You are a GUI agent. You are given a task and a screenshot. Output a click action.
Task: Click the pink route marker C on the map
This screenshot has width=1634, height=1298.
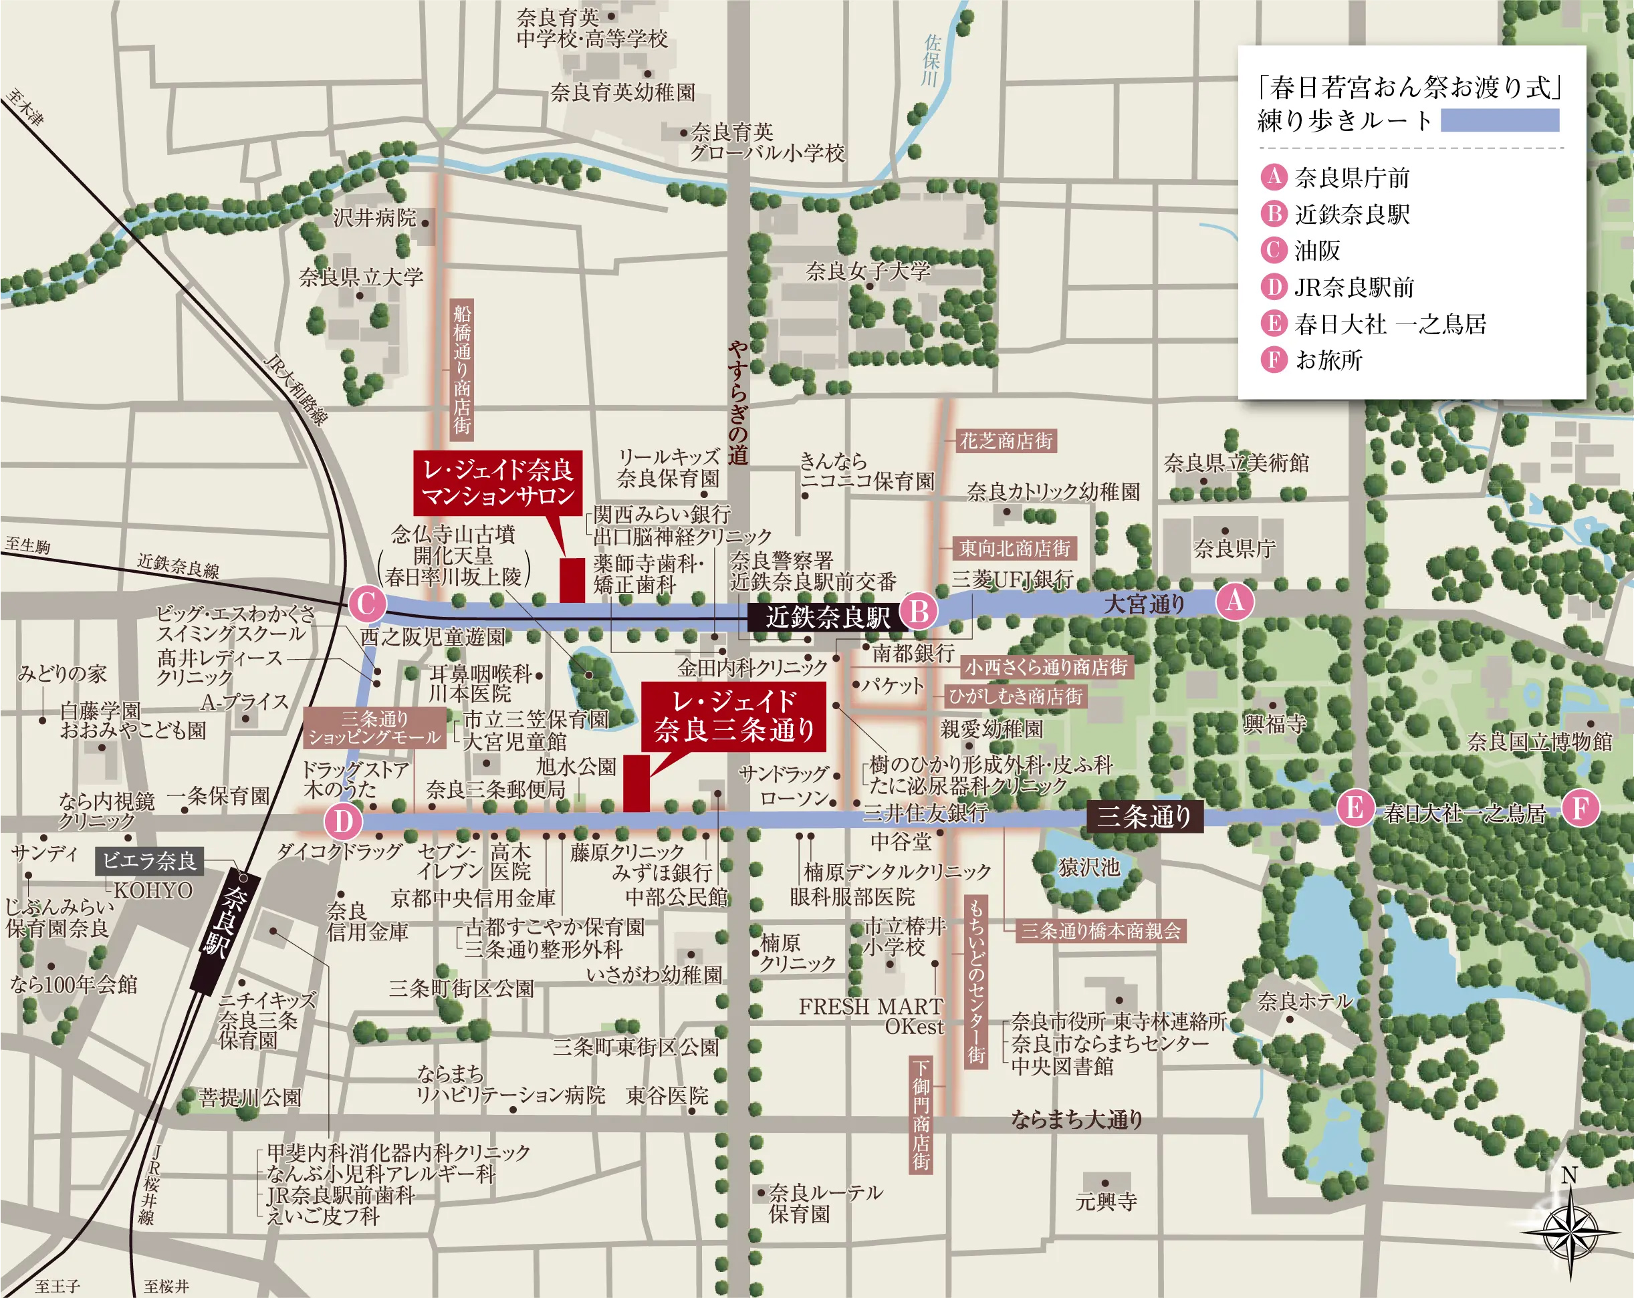[368, 604]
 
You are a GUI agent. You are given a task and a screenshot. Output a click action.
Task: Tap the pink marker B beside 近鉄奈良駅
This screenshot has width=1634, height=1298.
[919, 611]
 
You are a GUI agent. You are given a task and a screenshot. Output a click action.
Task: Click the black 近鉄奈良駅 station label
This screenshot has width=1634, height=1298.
[827, 617]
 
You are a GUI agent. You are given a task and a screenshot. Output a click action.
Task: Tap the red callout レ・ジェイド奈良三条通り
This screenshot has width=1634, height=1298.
[733, 716]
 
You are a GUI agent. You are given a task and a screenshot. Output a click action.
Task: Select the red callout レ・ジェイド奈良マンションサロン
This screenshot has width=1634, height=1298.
[498, 483]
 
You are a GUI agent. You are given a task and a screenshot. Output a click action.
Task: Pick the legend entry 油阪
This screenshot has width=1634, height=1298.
[1317, 250]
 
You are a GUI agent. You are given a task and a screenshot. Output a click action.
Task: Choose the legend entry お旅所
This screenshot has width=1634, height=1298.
[1328, 359]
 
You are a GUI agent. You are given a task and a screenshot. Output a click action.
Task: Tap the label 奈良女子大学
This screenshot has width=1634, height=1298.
[868, 271]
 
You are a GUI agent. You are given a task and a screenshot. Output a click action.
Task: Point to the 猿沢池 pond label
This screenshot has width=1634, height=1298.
[1088, 866]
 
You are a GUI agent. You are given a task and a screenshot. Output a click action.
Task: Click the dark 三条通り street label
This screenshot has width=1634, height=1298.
[1145, 817]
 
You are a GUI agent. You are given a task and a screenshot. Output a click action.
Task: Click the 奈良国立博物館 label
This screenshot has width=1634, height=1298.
[1540, 741]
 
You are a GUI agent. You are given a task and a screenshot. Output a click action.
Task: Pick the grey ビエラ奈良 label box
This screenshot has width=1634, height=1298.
[149, 861]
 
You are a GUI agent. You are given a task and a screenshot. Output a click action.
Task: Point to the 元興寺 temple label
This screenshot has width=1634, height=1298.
[1106, 1201]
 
